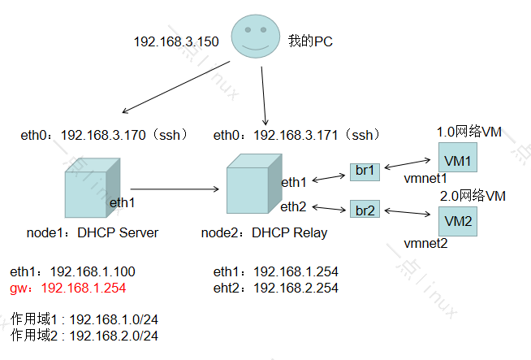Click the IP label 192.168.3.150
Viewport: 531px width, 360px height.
click(x=176, y=41)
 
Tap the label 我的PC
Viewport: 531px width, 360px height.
click(x=310, y=41)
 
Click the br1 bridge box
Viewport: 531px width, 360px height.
click(x=364, y=171)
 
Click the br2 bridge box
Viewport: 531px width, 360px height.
click(x=364, y=210)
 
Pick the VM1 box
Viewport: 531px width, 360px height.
click(x=457, y=158)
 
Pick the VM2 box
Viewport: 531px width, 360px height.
click(x=457, y=220)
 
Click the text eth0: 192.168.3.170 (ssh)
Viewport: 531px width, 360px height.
click(x=104, y=135)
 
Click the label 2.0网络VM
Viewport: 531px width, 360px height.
click(x=473, y=196)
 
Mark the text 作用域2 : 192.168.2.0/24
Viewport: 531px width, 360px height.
click(x=84, y=336)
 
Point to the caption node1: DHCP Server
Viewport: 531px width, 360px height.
click(x=92, y=233)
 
